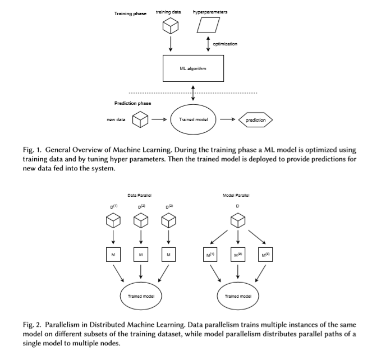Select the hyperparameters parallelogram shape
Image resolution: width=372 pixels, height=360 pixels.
pos(208,25)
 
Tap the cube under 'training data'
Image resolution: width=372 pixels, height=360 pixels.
pos(171,26)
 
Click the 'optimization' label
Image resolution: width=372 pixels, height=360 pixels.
pos(225,44)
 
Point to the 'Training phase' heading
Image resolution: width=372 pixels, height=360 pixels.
pos(130,13)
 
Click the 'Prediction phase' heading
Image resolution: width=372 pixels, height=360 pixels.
pos(132,103)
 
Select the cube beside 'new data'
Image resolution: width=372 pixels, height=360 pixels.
pos(140,119)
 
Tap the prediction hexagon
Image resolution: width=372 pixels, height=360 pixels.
pos(255,120)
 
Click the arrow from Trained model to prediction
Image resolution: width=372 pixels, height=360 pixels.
pos(227,119)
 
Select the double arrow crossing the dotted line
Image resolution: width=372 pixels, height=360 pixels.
pos(193,93)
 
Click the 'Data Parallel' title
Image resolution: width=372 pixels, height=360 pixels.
pos(140,195)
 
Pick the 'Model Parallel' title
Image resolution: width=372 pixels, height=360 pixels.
pos(236,195)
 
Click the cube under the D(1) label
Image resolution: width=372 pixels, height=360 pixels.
pos(113,220)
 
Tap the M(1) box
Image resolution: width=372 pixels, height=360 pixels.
pos(210,255)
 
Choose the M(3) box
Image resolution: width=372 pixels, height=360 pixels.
pos(265,255)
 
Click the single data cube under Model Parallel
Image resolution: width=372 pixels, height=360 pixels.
pos(238,220)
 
